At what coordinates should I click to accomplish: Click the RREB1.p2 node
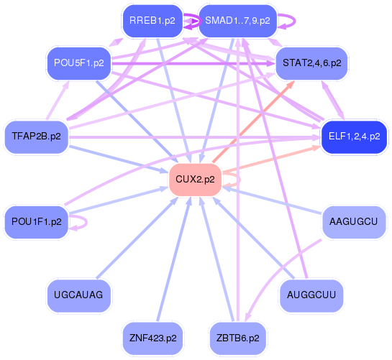pos(152,21)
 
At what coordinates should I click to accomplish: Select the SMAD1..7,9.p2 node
pos(237,21)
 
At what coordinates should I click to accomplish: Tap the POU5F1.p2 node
pos(78,63)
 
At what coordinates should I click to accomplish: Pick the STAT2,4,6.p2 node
pos(311,63)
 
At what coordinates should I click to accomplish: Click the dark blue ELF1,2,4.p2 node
pos(353,136)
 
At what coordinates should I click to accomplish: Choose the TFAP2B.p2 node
pos(36,136)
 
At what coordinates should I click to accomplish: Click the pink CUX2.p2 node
pos(194,180)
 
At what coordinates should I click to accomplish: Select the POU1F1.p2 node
pos(36,222)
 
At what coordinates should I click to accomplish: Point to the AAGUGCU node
pos(353,222)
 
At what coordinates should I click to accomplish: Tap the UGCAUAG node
pos(78,295)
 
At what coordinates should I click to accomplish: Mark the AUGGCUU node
pos(311,295)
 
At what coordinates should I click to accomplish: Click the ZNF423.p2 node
pos(152,337)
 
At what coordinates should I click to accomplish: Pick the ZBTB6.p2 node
pos(237,337)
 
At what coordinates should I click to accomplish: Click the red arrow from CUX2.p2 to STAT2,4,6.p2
pos(252,122)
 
